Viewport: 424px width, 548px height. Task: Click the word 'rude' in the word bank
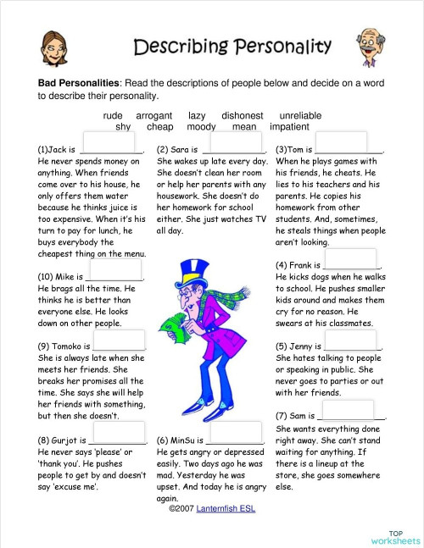pyautogui.click(x=113, y=115)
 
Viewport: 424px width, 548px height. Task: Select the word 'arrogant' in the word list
pyautogui.click(x=154, y=115)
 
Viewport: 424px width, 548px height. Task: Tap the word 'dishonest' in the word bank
pyautogui.click(x=243, y=115)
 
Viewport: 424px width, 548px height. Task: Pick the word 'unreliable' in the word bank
pyautogui.click(x=300, y=115)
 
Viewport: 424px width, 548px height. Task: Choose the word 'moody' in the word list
pyautogui.click(x=202, y=126)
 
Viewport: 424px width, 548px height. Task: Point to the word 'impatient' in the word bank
pyautogui.click(x=290, y=126)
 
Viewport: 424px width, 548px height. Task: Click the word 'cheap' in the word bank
pyautogui.click(x=160, y=126)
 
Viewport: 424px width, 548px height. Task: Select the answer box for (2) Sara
pyautogui.click(x=231, y=141)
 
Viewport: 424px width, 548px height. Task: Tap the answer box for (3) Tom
pyautogui.click(x=342, y=141)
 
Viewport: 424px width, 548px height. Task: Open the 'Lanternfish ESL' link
pyautogui.click(x=226, y=509)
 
